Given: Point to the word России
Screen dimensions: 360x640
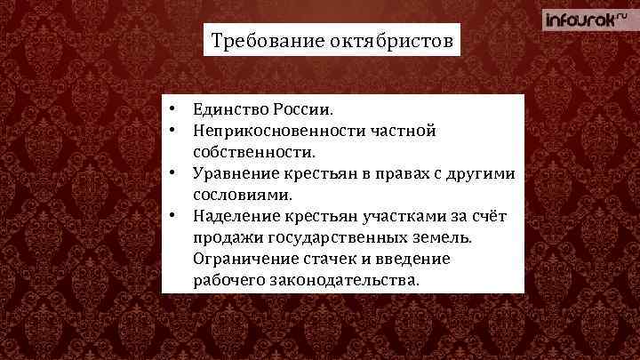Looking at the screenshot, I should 306,110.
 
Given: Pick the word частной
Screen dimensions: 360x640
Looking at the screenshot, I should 404,132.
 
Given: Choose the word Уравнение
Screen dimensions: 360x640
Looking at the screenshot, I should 234,174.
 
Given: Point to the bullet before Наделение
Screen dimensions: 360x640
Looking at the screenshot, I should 178,216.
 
